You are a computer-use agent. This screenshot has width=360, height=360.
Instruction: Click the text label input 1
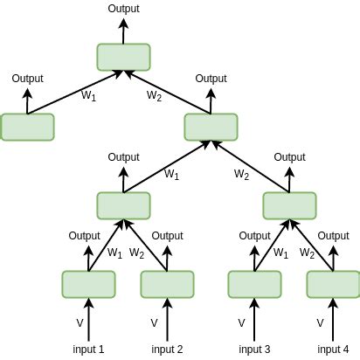click(x=88, y=350)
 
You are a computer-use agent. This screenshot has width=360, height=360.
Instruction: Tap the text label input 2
click(x=167, y=350)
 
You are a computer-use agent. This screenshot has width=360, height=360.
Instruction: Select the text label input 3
click(x=254, y=350)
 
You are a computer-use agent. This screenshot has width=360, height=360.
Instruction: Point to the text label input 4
click(x=333, y=350)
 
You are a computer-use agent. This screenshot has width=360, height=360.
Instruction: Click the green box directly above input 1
click(x=88, y=284)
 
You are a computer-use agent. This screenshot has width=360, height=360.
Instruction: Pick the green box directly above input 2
click(x=167, y=284)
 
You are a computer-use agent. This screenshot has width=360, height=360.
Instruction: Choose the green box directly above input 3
click(x=254, y=284)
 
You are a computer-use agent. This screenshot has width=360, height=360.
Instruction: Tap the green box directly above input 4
click(x=333, y=284)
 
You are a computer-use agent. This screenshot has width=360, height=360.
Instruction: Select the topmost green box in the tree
click(x=123, y=57)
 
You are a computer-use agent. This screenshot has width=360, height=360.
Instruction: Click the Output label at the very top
click(x=123, y=8)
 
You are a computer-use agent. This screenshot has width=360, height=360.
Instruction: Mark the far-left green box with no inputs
click(x=27, y=127)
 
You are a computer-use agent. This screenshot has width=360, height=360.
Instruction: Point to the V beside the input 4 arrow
click(x=320, y=322)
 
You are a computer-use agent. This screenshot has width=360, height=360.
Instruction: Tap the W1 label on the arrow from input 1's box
click(x=114, y=253)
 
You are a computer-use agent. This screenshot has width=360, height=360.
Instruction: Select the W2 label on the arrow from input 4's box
click(x=308, y=253)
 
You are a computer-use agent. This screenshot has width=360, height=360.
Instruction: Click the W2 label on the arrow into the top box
click(x=155, y=95)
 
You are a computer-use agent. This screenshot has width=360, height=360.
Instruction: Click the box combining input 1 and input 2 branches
click(x=123, y=205)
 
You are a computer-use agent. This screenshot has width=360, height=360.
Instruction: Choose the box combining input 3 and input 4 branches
click(x=289, y=205)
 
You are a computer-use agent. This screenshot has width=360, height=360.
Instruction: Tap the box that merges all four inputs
click(x=211, y=127)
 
